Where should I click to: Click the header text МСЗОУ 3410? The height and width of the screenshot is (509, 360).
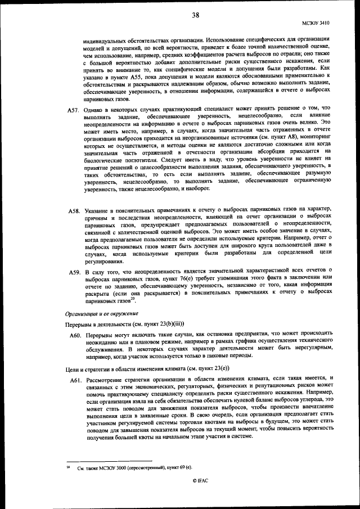[x=318, y=23]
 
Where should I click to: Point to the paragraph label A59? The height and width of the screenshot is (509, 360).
[x=73, y=272]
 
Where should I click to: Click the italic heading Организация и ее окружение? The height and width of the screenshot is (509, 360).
[x=101, y=313]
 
